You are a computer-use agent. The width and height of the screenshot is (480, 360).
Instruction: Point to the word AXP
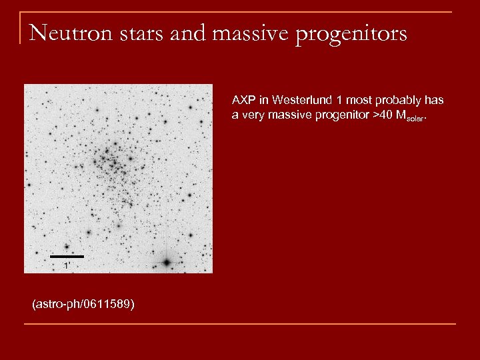tap(243, 100)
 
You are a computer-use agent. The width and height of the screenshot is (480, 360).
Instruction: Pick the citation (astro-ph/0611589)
tap(83, 304)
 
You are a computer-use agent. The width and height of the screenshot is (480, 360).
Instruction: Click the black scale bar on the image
tap(67, 256)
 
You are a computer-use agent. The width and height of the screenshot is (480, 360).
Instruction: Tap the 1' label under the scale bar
tap(66, 265)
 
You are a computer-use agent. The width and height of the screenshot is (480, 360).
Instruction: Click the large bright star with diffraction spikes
tap(167, 261)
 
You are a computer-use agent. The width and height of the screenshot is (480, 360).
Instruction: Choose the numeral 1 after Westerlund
tap(339, 100)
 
